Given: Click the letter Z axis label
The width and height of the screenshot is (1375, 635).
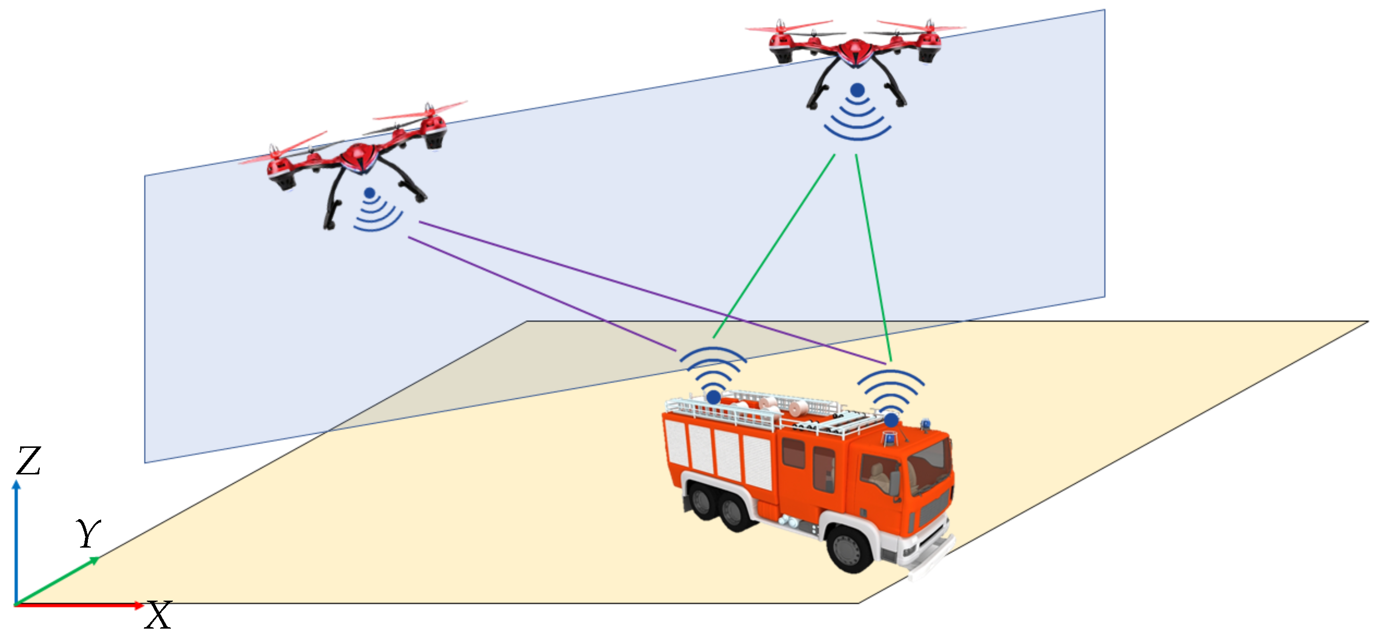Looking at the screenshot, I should (28, 461).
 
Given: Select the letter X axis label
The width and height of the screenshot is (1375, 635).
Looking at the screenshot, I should (159, 615).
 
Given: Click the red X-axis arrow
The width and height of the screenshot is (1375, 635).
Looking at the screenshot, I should (80, 605).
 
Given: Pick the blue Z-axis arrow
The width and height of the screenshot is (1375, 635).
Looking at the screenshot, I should (17, 539).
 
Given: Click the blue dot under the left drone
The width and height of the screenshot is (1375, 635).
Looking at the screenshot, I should (369, 193).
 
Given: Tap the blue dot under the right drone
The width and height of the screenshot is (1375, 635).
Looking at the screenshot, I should (857, 90).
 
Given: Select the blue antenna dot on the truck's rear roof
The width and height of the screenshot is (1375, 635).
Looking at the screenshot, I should (714, 397).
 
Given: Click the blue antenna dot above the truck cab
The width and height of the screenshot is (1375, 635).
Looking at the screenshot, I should (891, 420).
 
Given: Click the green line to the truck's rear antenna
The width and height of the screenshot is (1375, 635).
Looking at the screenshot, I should (774, 246).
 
